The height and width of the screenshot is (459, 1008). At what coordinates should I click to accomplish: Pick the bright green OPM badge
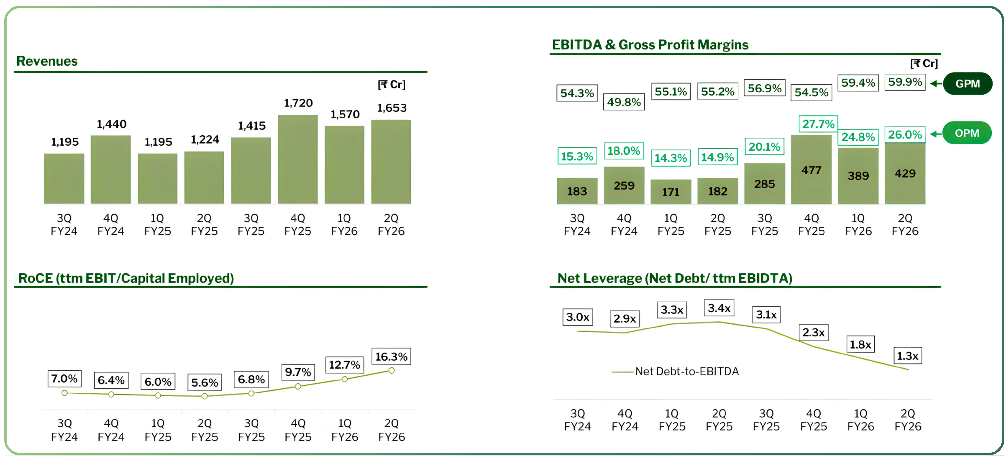coord(967,133)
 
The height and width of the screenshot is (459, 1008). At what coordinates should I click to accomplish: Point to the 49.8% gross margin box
coord(624,102)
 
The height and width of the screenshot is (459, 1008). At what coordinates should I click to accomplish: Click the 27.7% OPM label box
coord(818,124)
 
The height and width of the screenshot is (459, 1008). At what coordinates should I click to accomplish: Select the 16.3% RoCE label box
coord(391,356)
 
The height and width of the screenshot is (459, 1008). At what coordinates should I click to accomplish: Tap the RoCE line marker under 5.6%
coord(204,396)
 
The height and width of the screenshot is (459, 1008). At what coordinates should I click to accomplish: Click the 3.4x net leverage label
coord(719,308)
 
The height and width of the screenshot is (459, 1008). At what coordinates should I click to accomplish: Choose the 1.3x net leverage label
coord(908,356)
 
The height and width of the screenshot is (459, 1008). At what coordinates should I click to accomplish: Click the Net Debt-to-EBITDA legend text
coord(687,371)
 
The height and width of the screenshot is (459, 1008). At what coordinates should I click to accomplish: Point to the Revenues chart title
coord(47,61)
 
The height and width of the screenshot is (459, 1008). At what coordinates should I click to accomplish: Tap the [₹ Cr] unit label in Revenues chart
coord(391,85)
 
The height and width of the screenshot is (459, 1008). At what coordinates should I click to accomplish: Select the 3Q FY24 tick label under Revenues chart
coord(64,224)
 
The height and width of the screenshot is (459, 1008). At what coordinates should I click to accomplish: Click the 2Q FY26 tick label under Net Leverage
coord(908,420)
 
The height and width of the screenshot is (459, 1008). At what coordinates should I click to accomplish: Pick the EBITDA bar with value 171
coord(671,192)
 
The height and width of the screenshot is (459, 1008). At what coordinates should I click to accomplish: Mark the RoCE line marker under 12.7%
coord(344,379)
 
